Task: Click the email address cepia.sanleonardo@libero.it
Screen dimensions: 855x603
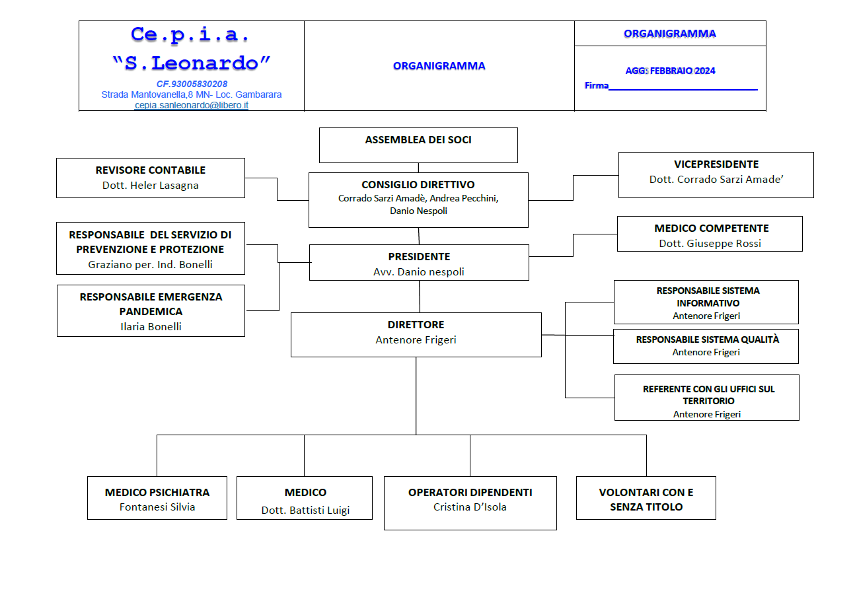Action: pos(192,105)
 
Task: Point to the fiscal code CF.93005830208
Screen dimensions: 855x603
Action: pos(192,84)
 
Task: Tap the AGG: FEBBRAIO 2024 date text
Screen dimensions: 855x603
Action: pos(670,71)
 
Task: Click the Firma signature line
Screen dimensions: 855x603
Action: pos(683,90)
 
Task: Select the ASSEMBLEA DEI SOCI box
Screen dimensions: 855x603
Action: pos(418,145)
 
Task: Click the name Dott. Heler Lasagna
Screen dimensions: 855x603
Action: pos(151,186)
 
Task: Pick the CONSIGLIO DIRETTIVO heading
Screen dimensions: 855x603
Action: pos(418,185)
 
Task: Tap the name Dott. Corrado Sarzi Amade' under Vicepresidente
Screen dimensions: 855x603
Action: pos(716,180)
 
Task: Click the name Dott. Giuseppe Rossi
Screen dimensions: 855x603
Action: pos(710,244)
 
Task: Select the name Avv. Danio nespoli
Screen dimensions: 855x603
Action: pos(419,271)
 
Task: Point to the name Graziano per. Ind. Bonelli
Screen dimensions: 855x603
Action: pos(151,264)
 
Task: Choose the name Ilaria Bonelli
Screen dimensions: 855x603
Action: pos(151,327)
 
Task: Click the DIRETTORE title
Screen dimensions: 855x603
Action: pos(416,325)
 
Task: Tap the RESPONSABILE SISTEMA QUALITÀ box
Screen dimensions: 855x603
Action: pos(706,347)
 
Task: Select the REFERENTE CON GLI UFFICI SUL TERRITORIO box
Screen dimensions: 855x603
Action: pos(707,398)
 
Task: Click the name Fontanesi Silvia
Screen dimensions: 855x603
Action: pos(157,507)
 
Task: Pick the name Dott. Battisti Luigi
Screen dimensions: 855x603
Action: pos(305,511)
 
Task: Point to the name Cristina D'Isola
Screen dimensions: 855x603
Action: pos(470,507)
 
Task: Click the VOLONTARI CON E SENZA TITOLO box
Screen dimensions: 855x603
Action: pos(646,498)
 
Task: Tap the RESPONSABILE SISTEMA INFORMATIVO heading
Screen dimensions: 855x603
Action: pos(708,297)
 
